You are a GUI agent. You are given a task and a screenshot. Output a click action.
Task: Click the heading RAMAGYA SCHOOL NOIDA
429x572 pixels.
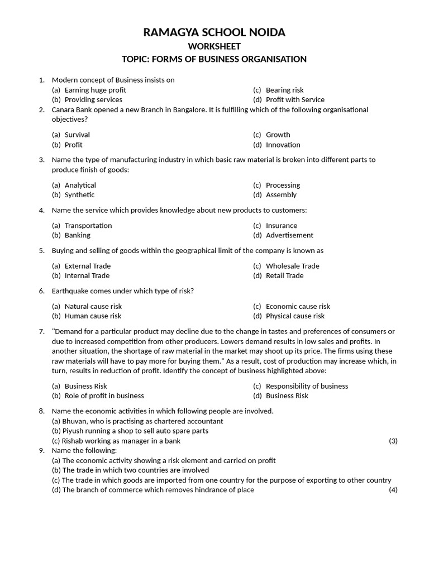coord(214,32)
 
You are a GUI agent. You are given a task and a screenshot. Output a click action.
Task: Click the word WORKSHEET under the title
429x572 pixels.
coord(214,46)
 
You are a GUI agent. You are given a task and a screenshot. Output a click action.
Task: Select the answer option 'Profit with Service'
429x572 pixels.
coord(295,99)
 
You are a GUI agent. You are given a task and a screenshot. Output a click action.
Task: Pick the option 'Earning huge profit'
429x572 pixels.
coord(95,90)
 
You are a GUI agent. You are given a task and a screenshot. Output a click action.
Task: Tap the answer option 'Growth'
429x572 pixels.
coord(278,135)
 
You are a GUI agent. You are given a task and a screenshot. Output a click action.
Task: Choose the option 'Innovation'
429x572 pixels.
coord(283,145)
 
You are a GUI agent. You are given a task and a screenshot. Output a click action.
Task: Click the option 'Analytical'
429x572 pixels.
coord(80,185)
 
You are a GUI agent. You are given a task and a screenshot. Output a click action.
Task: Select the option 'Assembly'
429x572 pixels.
coord(281,195)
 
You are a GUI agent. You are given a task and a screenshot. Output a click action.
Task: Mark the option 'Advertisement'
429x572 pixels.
coord(289,235)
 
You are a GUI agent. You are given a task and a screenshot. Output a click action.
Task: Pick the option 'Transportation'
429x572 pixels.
coord(88,226)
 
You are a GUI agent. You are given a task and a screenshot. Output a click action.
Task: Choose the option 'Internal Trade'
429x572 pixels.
coord(87,275)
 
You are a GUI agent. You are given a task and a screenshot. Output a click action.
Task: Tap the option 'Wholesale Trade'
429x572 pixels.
coord(293,266)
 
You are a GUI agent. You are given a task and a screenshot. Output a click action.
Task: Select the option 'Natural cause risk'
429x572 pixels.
coord(93,306)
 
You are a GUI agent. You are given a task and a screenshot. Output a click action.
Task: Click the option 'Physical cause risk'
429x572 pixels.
coord(295,316)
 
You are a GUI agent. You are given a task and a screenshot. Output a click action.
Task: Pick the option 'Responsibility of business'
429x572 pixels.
coord(307,386)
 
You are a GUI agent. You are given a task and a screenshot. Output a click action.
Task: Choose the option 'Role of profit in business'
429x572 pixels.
coord(104,395)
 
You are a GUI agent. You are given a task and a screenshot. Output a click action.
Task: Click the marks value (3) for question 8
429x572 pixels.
coord(393,441)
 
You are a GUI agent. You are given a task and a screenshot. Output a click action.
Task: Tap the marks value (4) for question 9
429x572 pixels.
coord(393,490)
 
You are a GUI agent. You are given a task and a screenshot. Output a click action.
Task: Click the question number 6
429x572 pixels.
coord(41,291)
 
